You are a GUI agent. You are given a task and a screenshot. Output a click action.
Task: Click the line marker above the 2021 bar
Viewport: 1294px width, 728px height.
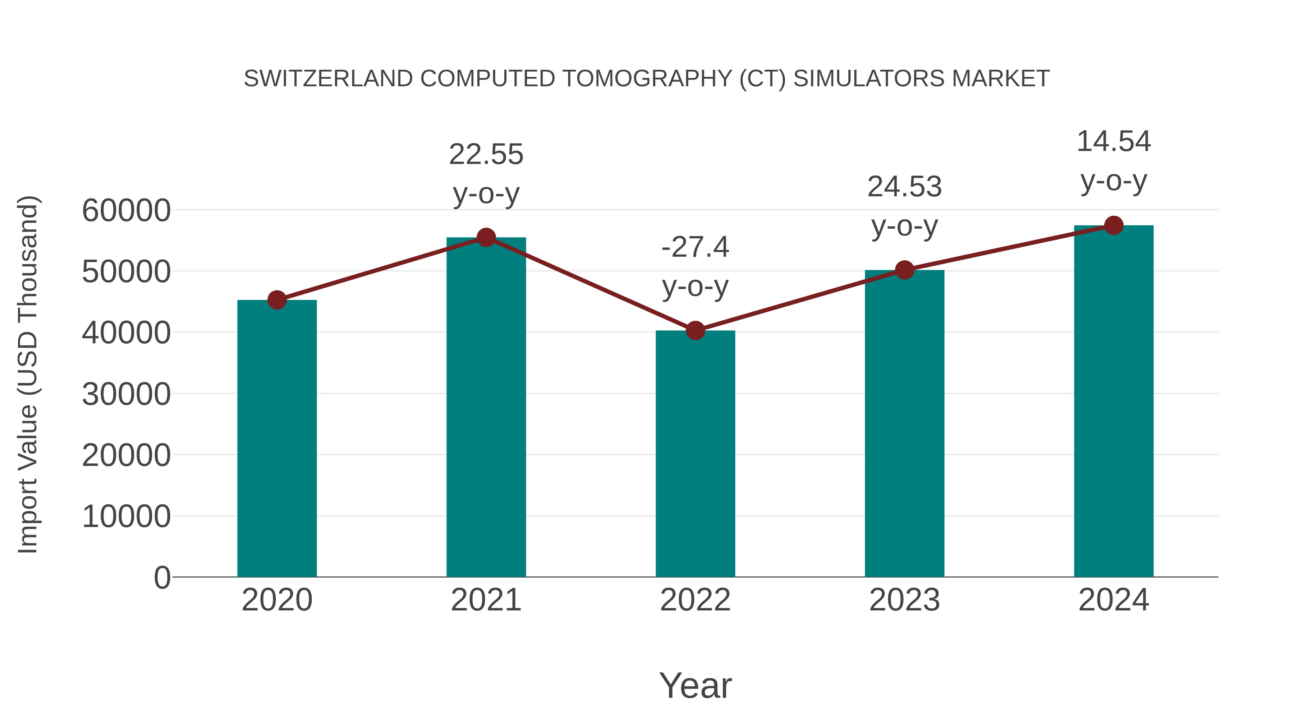click(x=486, y=238)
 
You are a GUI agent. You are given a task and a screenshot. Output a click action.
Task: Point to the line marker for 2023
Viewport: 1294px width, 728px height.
click(x=904, y=270)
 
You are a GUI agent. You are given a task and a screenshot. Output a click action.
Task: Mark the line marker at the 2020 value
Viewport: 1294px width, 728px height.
click(x=277, y=301)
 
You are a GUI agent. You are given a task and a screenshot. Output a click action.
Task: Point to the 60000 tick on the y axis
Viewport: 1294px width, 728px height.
click(x=126, y=211)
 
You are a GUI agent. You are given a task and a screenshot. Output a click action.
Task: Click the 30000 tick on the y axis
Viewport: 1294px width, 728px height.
click(x=126, y=394)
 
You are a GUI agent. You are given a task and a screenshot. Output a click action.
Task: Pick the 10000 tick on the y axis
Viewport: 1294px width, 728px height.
click(x=126, y=517)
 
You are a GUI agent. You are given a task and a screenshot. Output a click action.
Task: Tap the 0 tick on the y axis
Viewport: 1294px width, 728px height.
click(x=162, y=578)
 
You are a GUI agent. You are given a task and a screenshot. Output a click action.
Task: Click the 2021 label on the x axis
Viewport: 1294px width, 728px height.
click(x=486, y=600)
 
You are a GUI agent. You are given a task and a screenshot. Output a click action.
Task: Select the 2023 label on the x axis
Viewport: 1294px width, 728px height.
click(x=904, y=600)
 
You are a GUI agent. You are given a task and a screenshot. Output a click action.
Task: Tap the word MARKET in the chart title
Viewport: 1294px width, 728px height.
click(x=1000, y=79)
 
